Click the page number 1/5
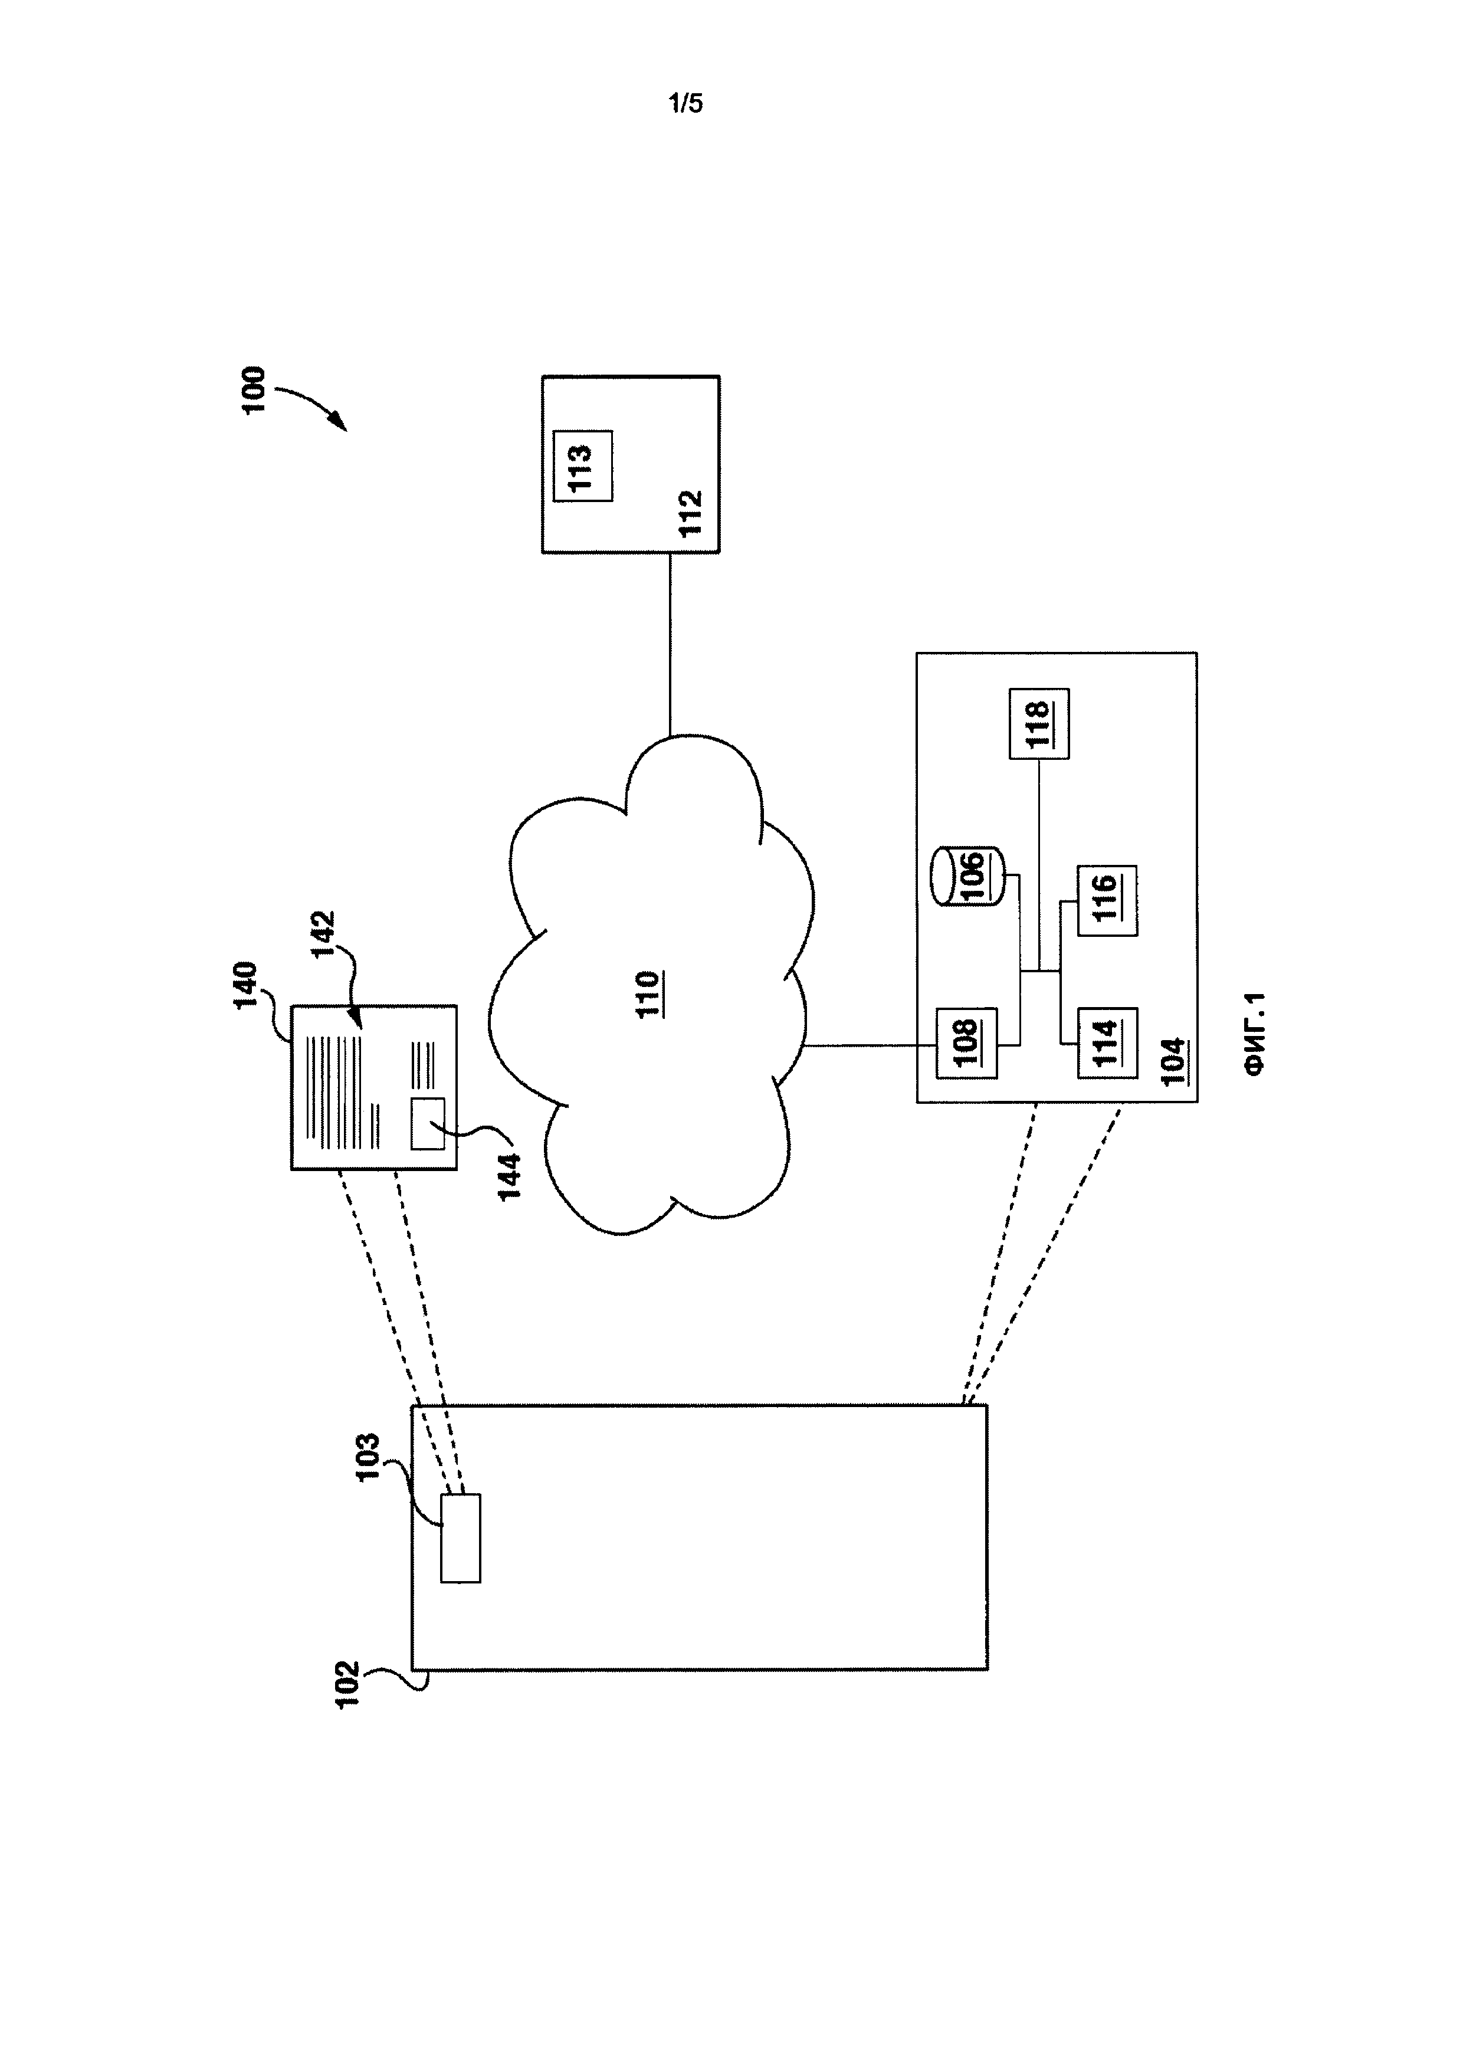[x=685, y=104]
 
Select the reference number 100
[x=255, y=389]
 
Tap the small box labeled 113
[x=583, y=466]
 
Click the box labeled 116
[x=1107, y=900]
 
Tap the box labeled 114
[x=1107, y=1044]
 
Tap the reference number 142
[x=323, y=935]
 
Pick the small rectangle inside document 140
[x=428, y=1124]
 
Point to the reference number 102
[x=347, y=1684]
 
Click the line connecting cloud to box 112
[x=670, y=644]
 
